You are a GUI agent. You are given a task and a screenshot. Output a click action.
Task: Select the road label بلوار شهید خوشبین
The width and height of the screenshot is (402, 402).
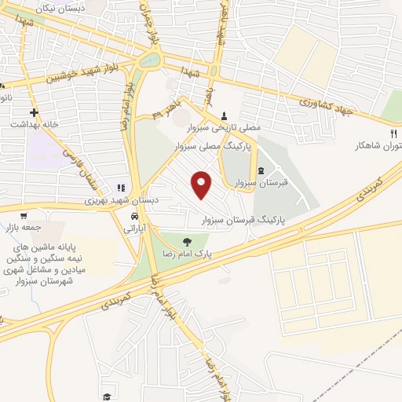click(74, 76)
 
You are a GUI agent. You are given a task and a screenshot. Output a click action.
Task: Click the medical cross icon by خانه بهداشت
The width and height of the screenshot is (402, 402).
click(34, 112)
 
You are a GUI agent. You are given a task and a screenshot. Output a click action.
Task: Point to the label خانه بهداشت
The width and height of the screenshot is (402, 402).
click(34, 125)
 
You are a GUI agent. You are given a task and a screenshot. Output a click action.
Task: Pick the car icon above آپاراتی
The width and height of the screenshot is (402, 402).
click(135, 216)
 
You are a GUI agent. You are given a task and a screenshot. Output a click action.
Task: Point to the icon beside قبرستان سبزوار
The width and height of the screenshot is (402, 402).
click(261, 172)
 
